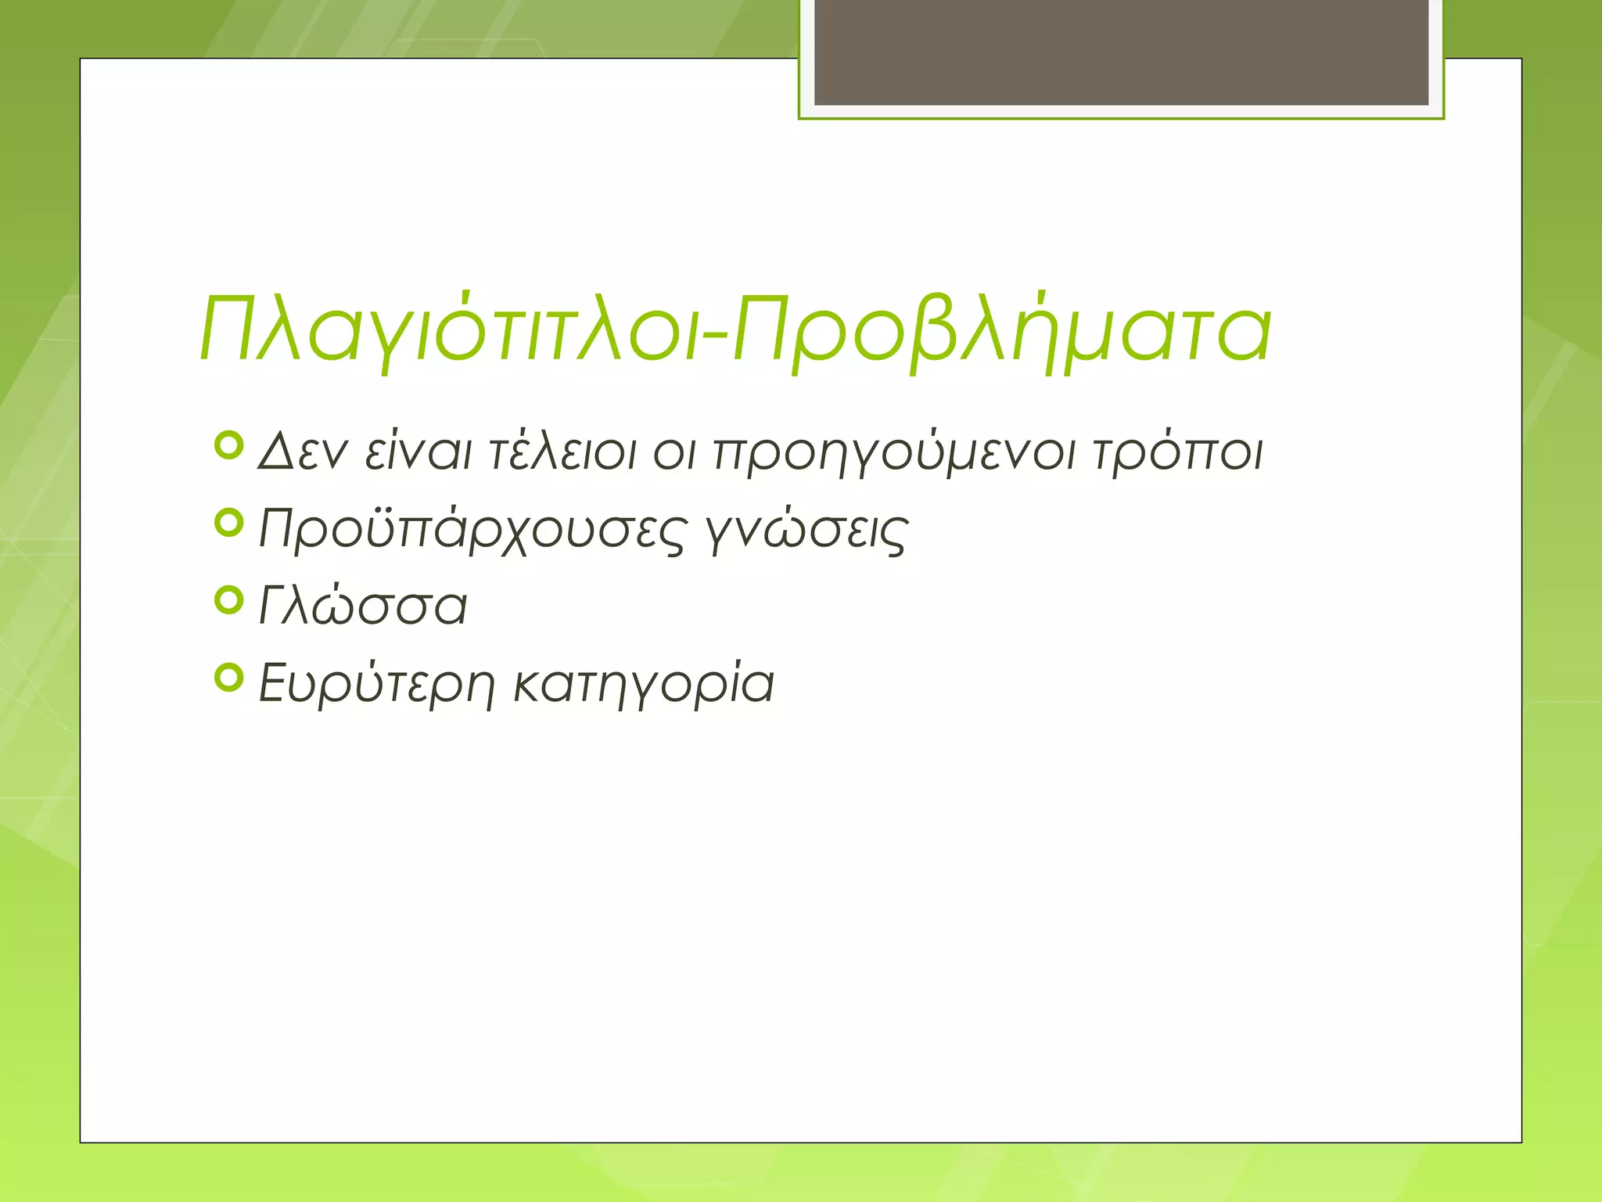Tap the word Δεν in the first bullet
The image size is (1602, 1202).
coord(302,453)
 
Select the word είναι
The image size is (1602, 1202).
coord(418,453)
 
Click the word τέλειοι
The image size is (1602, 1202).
coord(562,453)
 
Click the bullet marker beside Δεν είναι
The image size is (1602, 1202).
coord(228,446)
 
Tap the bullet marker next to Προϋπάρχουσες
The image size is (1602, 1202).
coord(228,523)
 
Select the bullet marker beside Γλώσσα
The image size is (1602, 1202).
coord(228,600)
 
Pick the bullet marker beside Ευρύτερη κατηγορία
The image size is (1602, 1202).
coord(228,678)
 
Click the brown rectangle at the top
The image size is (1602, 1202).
coord(1121,52)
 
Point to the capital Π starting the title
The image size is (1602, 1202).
coord(233,329)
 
